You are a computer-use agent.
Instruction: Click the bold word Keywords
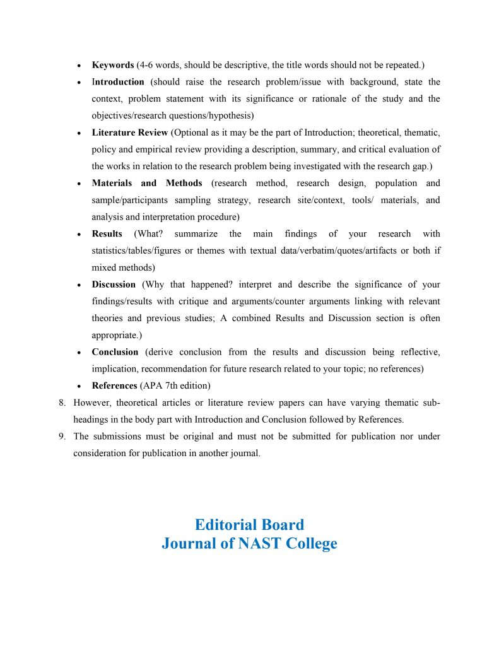click(x=113, y=65)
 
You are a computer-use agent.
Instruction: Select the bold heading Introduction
click(x=118, y=82)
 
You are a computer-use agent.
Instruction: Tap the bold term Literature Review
click(x=130, y=132)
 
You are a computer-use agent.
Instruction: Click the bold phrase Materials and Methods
click(x=147, y=183)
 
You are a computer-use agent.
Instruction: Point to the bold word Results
click(x=107, y=233)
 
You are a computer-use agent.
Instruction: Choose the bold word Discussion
click(x=114, y=285)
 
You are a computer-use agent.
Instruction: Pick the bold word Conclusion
click(x=115, y=352)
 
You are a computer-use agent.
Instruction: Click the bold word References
click(x=114, y=385)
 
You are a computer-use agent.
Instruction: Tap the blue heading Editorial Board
click(x=249, y=525)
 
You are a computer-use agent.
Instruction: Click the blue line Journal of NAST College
click(x=249, y=544)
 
